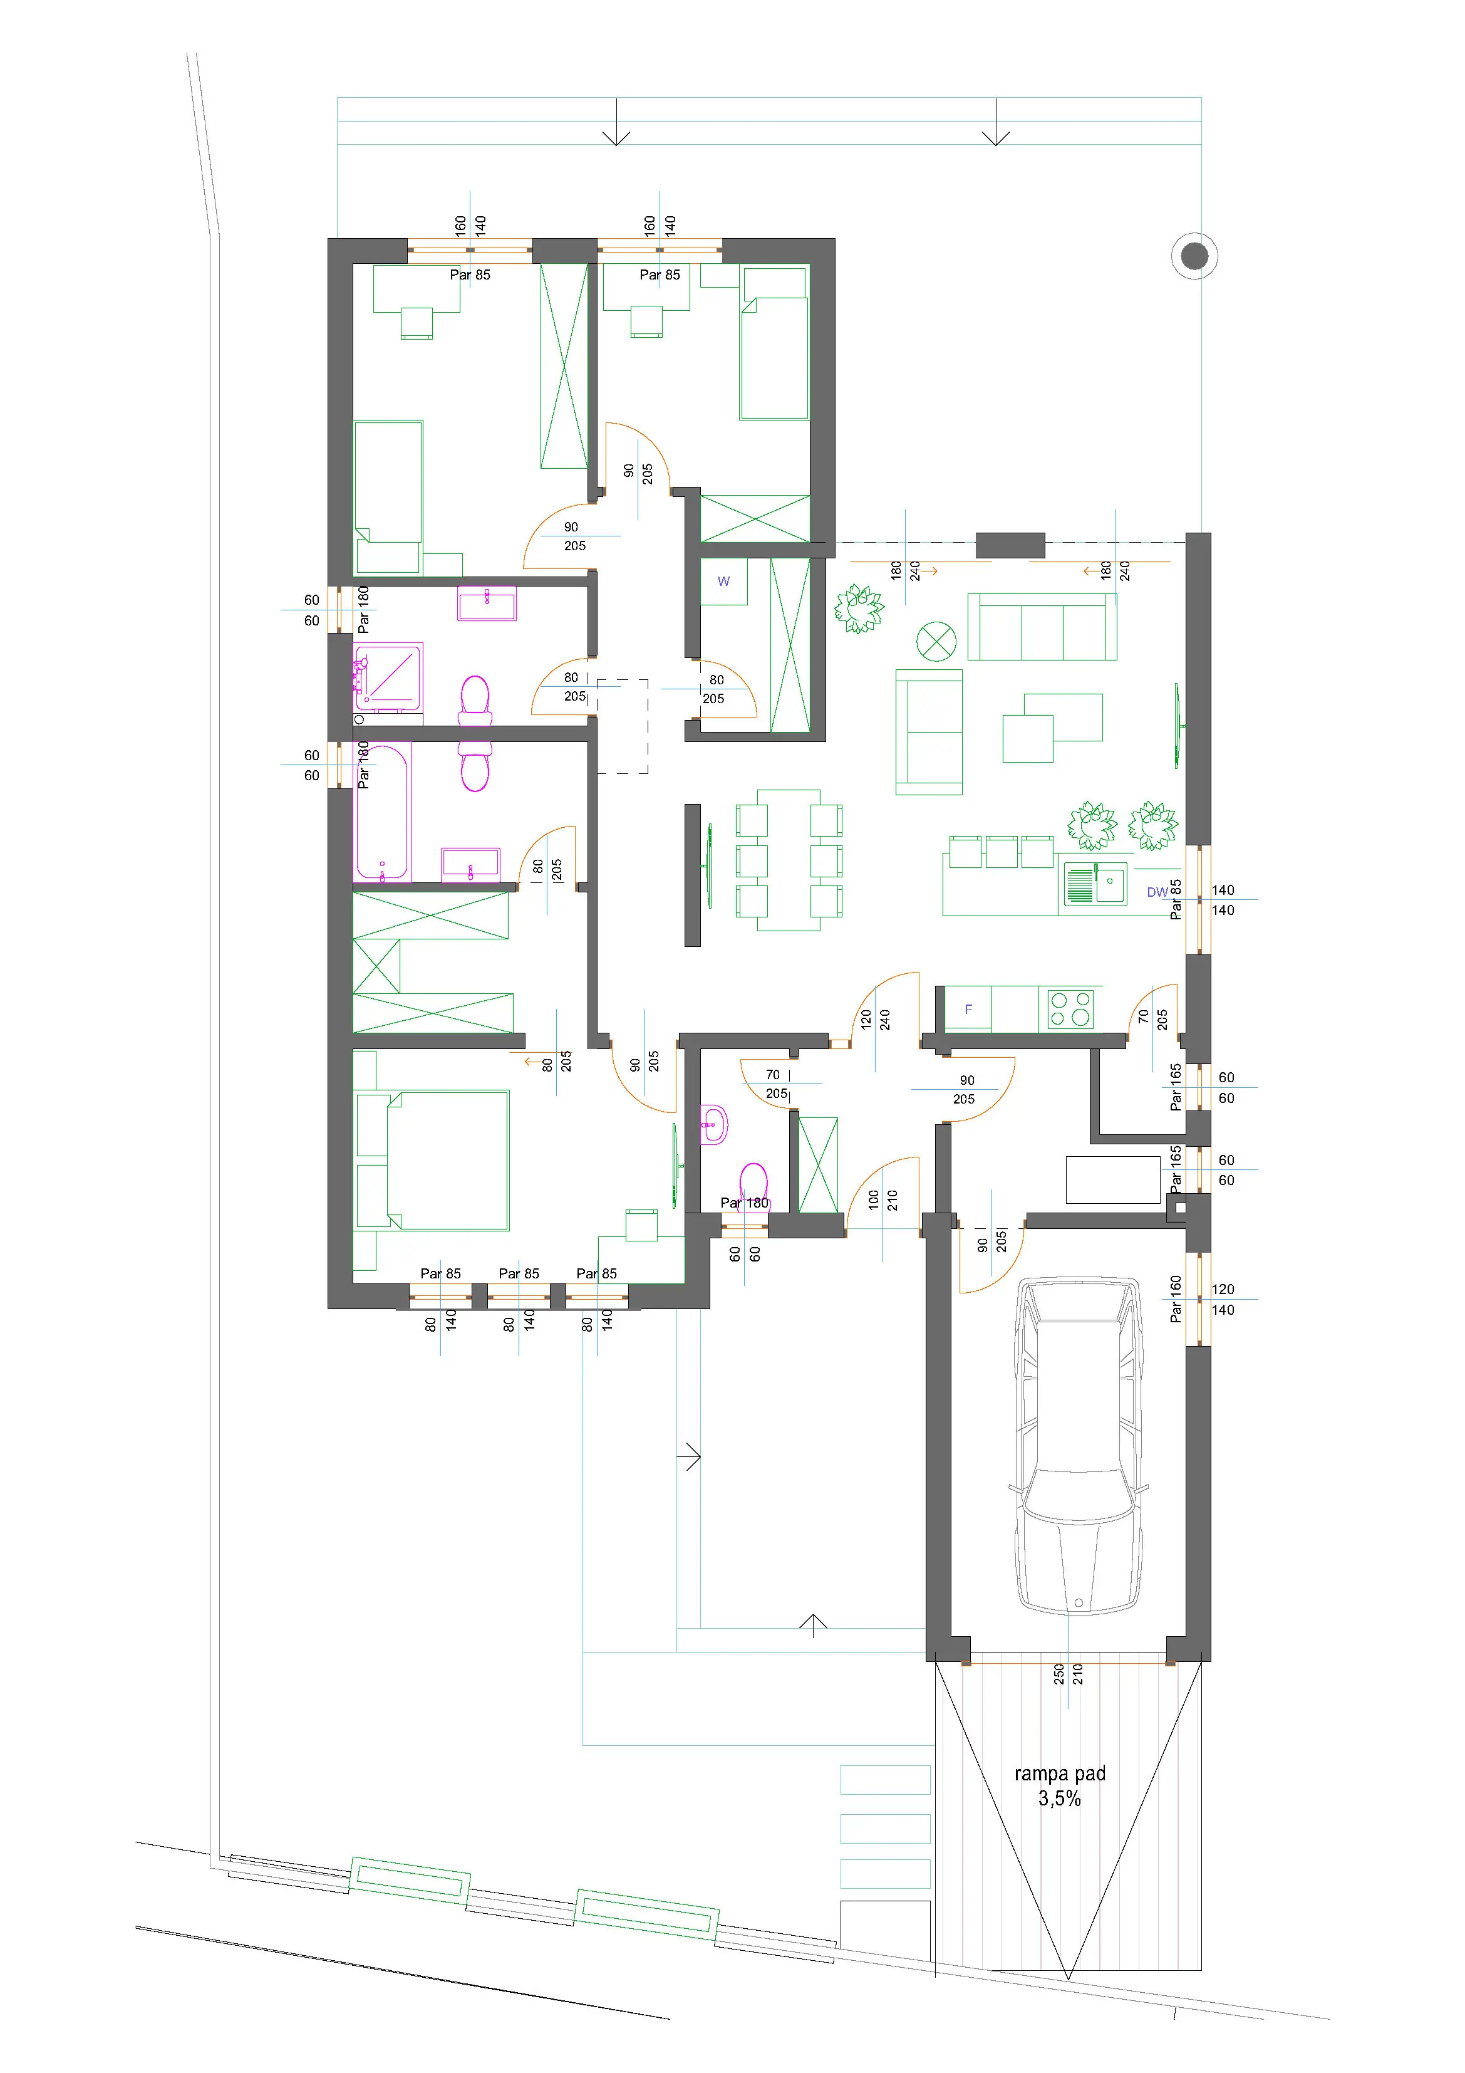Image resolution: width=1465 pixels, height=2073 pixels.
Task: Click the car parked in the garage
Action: click(1079, 1444)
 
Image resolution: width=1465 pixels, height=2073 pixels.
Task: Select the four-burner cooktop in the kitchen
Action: click(1070, 1008)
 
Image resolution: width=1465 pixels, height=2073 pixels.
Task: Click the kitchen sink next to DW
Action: click(1095, 883)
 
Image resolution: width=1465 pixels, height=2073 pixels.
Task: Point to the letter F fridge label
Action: click(968, 1010)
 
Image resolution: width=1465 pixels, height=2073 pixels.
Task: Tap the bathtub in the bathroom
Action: click(383, 811)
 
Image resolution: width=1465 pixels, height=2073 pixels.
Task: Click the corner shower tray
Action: click(389, 676)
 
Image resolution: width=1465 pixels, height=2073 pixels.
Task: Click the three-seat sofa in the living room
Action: click(1042, 627)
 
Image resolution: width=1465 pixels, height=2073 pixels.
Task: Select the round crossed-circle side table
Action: click(936, 642)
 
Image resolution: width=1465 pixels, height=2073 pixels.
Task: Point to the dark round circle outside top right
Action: click(1194, 256)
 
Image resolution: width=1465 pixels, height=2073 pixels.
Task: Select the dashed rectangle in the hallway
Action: click(623, 726)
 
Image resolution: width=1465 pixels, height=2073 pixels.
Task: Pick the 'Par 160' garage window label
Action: click(1175, 1298)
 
